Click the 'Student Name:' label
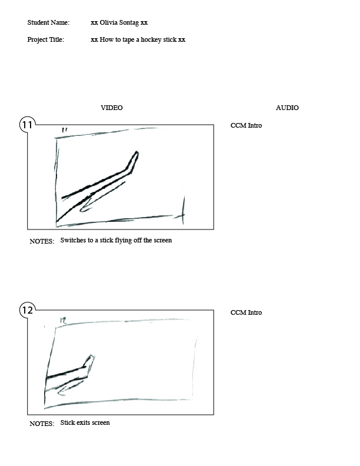[x=48, y=22]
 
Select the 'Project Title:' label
[x=46, y=39]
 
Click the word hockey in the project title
[x=151, y=40]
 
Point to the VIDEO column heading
[x=112, y=108]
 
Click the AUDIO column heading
[x=287, y=108]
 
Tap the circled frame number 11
[x=27, y=125]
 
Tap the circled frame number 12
[x=27, y=310]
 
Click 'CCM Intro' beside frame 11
[x=246, y=125]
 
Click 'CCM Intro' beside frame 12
[x=246, y=312]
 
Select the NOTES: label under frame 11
[x=42, y=241]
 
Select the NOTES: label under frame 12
[x=42, y=424]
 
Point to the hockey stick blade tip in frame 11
[x=137, y=152]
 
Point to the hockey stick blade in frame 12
[x=89, y=362]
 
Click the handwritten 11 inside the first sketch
[x=65, y=130]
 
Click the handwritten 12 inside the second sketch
[x=63, y=320]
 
